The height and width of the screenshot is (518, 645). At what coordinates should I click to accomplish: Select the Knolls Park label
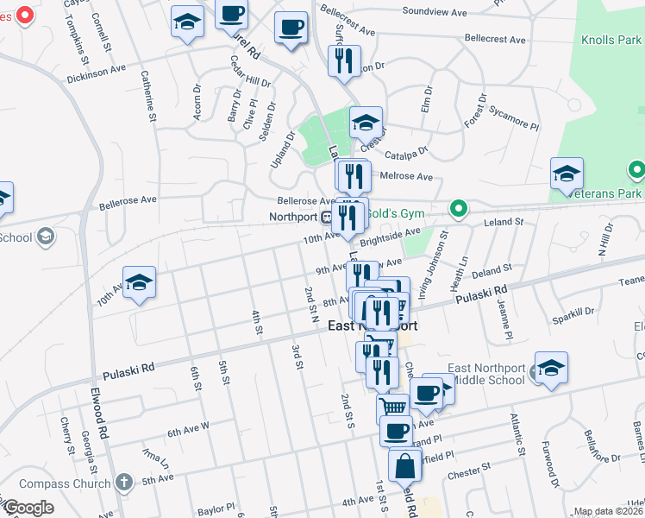point(611,40)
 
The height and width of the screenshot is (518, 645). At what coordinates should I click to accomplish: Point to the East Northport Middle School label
point(487,374)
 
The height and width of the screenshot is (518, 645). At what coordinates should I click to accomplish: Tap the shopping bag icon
point(404,465)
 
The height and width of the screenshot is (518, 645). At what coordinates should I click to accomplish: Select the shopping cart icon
point(392,405)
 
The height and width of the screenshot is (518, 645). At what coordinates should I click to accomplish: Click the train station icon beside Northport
point(327,217)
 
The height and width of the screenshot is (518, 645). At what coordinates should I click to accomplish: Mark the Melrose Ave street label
point(412,176)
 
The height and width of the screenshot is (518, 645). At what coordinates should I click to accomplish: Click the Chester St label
point(469,473)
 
